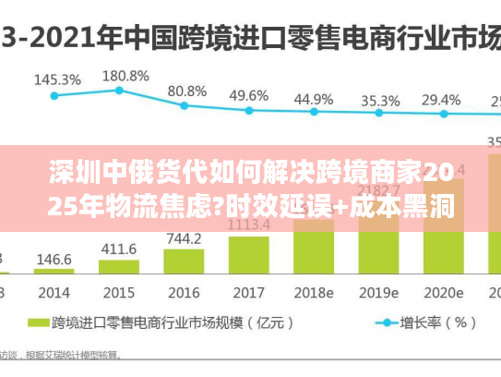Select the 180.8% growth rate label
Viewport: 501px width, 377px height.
[x=122, y=75]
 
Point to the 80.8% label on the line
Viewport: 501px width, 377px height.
[x=186, y=91]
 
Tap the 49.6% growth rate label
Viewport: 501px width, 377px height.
[x=249, y=95]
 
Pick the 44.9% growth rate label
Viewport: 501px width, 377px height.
[x=314, y=98]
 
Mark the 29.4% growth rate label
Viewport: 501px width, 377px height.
[x=442, y=99]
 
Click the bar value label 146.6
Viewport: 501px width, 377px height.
[x=54, y=260]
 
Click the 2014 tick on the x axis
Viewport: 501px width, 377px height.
[x=54, y=292]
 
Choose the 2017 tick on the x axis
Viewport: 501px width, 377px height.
[x=248, y=292]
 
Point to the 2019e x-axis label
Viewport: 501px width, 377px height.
[x=378, y=292]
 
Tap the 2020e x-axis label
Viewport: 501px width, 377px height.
[x=444, y=292]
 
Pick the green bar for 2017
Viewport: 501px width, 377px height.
[x=248, y=254]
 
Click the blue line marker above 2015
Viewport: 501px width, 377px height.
[x=119, y=90]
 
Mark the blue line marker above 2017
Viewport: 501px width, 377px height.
[x=248, y=110]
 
